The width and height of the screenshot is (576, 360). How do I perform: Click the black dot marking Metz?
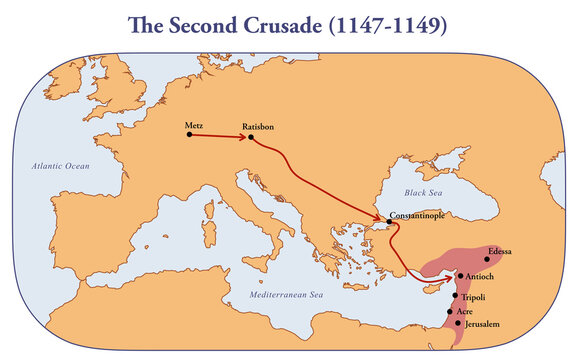189,134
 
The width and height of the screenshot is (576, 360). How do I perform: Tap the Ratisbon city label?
258,127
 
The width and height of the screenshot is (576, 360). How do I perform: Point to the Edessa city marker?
487,259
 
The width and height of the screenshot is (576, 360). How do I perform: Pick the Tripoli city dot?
455,296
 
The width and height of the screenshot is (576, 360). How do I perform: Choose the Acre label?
465,312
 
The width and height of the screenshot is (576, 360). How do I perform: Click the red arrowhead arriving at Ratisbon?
243,136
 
